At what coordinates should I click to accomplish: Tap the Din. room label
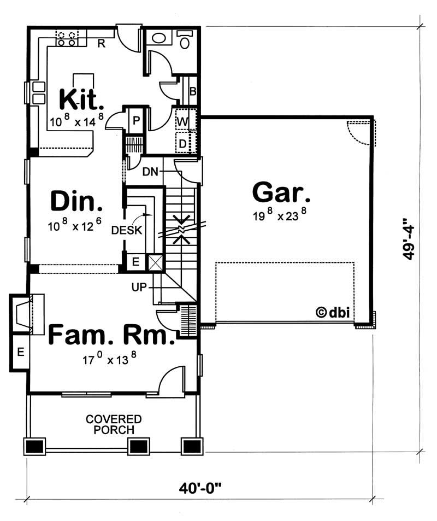pyautogui.click(x=76, y=201)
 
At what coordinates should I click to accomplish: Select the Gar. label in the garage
pyautogui.click(x=281, y=192)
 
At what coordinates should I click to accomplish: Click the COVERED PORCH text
pyautogui.click(x=114, y=424)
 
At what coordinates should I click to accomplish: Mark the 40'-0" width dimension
pyautogui.click(x=203, y=487)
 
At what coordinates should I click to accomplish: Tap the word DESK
pyautogui.click(x=127, y=230)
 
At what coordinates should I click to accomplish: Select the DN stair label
pyautogui.click(x=150, y=172)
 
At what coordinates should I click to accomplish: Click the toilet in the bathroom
pyautogui.click(x=185, y=40)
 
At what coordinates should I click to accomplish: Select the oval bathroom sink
pyautogui.click(x=160, y=38)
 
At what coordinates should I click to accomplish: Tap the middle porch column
pyautogui.click(x=138, y=447)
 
